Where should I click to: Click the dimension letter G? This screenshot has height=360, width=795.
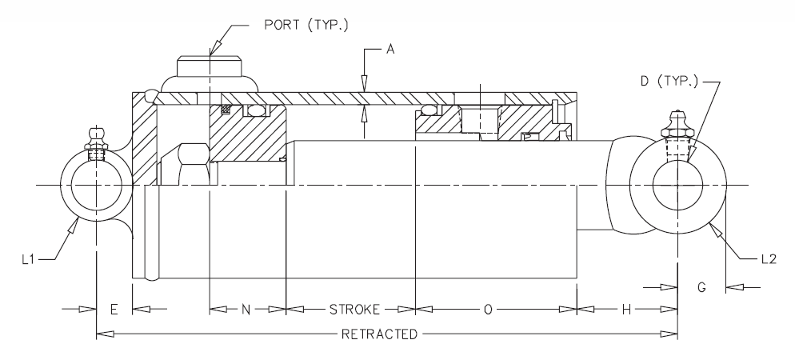pyautogui.click(x=701, y=288)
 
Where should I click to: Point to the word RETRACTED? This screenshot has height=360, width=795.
pyautogui.click(x=378, y=334)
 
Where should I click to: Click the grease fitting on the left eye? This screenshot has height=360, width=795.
pyautogui.click(x=95, y=138)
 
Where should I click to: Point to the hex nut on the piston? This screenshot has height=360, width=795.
pyautogui.click(x=187, y=164)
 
